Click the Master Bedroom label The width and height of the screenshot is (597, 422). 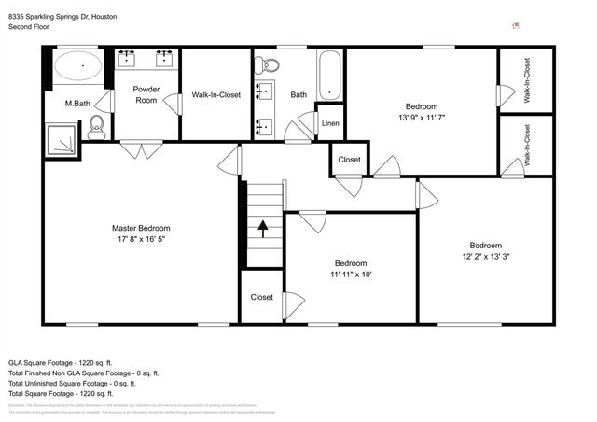(141, 228)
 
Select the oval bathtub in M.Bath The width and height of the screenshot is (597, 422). (78, 67)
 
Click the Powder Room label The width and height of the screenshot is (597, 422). (146, 95)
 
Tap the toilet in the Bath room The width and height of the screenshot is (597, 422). (269, 65)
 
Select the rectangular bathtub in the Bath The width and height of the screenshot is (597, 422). (330, 75)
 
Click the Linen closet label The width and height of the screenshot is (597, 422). (330, 123)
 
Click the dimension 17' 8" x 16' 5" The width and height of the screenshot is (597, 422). (141, 239)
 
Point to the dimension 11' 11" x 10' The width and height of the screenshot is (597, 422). (351, 274)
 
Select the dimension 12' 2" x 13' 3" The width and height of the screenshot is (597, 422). (485, 257)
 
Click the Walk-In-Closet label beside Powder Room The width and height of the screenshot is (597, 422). (215, 95)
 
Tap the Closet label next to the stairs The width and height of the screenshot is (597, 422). (262, 297)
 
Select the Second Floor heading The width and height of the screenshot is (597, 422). (30, 27)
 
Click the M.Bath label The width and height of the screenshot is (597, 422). (76, 103)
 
